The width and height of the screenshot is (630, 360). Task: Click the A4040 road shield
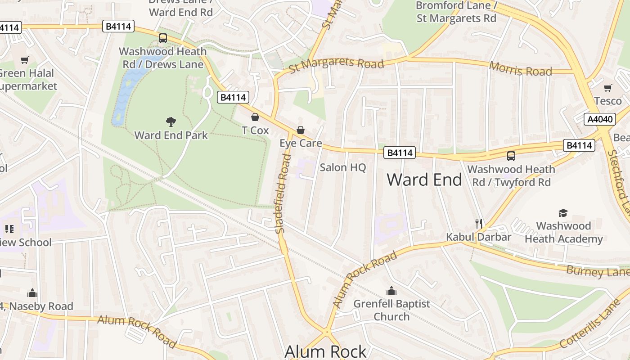600,119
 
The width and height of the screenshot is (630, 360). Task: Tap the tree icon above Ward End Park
171,121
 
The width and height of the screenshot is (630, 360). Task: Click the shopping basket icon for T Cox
255,117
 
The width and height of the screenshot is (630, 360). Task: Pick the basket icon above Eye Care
300,130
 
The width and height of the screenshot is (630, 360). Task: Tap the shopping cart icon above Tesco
607,88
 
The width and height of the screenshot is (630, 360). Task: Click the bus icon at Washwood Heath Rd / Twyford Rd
511,156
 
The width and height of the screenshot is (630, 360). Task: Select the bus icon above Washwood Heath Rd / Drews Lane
163,38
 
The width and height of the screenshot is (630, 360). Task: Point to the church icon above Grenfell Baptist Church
391,291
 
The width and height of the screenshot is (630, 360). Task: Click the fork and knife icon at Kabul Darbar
479,223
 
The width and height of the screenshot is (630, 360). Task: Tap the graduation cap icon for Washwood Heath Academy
563,213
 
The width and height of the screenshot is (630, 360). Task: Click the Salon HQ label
343,167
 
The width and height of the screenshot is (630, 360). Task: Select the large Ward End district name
424,180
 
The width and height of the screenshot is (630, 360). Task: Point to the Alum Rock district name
326,351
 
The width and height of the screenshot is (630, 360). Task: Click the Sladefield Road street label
281,193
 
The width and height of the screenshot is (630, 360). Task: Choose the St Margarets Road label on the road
336,64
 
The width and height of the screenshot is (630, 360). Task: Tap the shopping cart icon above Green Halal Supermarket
25,60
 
